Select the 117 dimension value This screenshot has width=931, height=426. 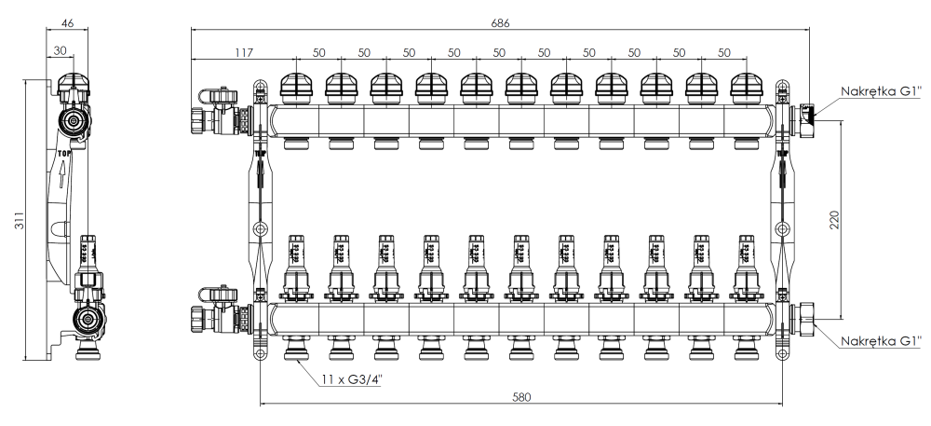point(243,53)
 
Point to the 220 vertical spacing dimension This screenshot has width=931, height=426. point(835,219)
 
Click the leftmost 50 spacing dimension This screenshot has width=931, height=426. point(319,53)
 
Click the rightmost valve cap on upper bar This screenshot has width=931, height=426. point(748,89)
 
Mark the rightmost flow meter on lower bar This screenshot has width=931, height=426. point(748,265)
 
